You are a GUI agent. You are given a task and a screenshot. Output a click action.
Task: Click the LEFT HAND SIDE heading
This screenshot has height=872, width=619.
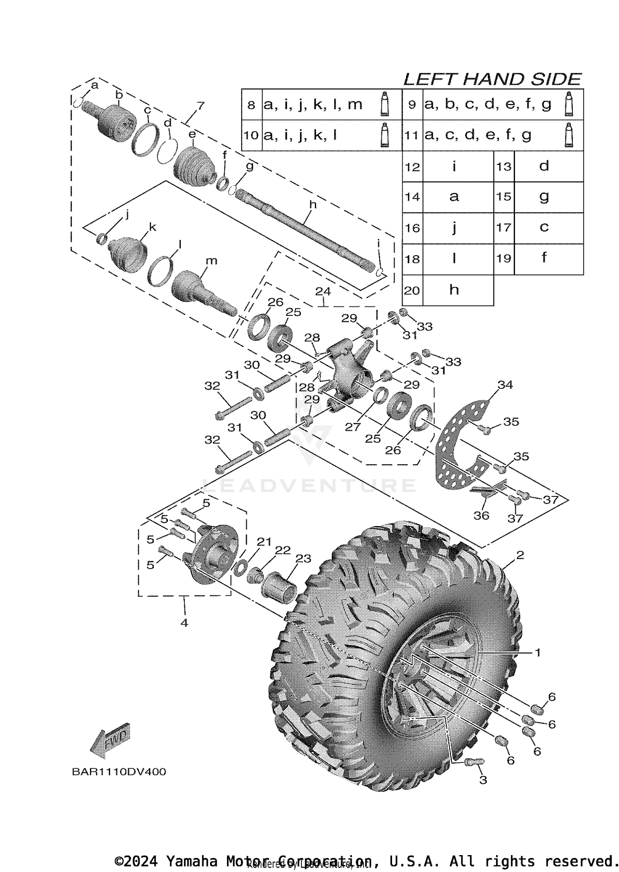click(x=492, y=79)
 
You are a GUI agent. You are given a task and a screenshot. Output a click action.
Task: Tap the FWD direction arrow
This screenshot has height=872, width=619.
click(x=110, y=741)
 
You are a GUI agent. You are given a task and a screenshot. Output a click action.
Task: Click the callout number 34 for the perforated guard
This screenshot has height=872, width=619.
click(x=505, y=385)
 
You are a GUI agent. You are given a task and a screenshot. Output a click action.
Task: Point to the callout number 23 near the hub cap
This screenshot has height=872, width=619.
click(x=303, y=559)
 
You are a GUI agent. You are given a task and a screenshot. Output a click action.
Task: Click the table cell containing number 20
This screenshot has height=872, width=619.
click(x=412, y=291)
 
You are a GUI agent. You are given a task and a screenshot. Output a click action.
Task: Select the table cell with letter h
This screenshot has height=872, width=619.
click(x=454, y=290)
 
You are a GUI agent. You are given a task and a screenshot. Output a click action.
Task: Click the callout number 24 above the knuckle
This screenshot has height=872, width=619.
click(x=323, y=291)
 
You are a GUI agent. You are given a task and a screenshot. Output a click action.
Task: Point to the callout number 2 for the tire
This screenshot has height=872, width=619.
click(x=520, y=555)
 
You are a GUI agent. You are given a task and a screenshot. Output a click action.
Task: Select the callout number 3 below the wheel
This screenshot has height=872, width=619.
click(x=483, y=780)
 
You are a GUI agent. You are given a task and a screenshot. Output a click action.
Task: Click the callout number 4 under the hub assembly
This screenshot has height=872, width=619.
click(x=184, y=623)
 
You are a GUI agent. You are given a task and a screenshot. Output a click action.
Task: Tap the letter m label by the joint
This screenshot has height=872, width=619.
click(x=211, y=261)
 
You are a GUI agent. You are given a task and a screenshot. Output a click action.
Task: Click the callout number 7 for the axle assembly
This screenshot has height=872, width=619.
click(x=200, y=106)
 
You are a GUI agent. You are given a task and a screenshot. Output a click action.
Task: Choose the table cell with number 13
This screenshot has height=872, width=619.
click(x=504, y=167)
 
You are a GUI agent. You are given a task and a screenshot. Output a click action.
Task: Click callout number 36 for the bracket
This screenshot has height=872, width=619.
click(x=481, y=515)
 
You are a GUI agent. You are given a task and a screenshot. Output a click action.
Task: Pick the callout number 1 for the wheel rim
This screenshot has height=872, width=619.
click(x=537, y=652)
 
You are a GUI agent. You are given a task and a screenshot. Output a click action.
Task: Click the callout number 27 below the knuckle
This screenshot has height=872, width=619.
click(x=353, y=427)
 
